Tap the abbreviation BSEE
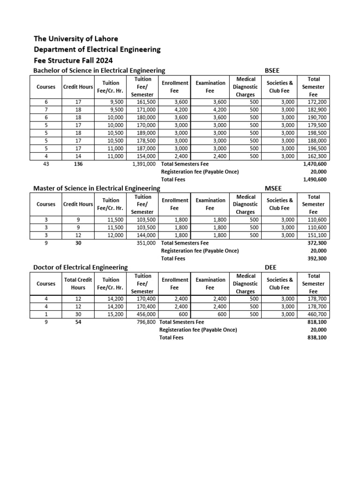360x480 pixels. (273, 70)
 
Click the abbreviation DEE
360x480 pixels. (270, 267)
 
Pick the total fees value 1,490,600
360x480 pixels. (315, 179)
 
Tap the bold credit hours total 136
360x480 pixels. (78, 164)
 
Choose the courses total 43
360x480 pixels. (46, 164)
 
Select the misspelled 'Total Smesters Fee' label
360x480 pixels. (181, 322)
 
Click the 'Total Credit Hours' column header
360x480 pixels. (78, 284)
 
